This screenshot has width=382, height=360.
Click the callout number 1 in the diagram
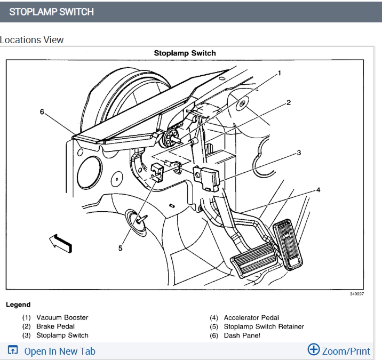click(x=278, y=73)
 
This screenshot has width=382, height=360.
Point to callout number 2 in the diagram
click(x=288, y=102)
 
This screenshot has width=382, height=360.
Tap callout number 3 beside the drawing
click(x=299, y=153)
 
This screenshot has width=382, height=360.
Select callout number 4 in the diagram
click(x=318, y=189)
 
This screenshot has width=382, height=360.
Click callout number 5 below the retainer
click(x=120, y=247)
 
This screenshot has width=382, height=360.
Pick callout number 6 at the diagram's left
click(x=42, y=111)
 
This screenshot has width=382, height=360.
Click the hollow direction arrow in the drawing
click(x=60, y=243)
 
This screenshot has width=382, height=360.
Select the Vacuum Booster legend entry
click(x=62, y=317)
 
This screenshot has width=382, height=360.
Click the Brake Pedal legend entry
click(x=55, y=326)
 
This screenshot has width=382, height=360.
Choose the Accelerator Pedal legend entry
click(x=251, y=317)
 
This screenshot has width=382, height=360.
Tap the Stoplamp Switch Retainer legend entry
click(x=264, y=326)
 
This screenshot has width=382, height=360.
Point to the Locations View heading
click(x=32, y=40)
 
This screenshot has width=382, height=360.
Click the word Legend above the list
click(x=18, y=305)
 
